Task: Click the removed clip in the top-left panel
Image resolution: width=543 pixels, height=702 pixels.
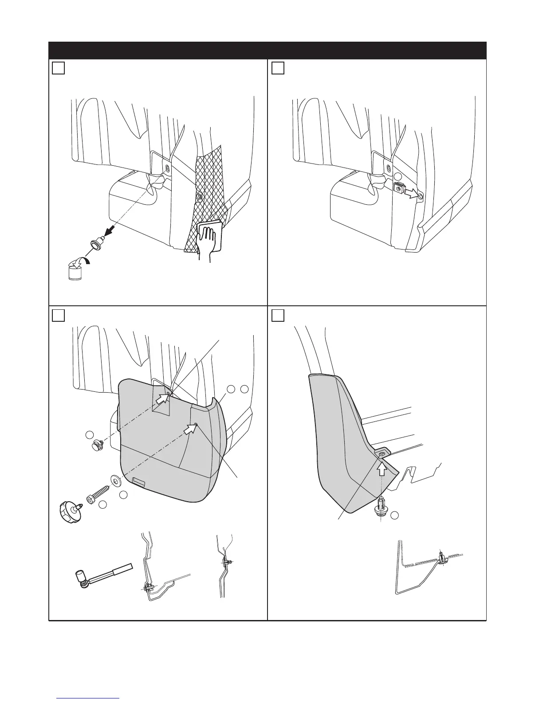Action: pyautogui.click(x=96, y=243)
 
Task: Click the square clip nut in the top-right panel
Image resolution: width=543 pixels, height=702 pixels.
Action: pyautogui.click(x=399, y=188)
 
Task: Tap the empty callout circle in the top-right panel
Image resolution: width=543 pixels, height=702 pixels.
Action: pyautogui.click(x=398, y=177)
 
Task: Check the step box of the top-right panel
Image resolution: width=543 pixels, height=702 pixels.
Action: pyautogui.click(x=277, y=68)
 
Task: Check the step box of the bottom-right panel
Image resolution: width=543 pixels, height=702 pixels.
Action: pyautogui.click(x=277, y=315)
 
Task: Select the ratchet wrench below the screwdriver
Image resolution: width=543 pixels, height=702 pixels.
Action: pyautogui.click(x=102, y=576)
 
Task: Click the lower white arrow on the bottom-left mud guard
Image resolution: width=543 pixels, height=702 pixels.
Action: pyautogui.click(x=191, y=429)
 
